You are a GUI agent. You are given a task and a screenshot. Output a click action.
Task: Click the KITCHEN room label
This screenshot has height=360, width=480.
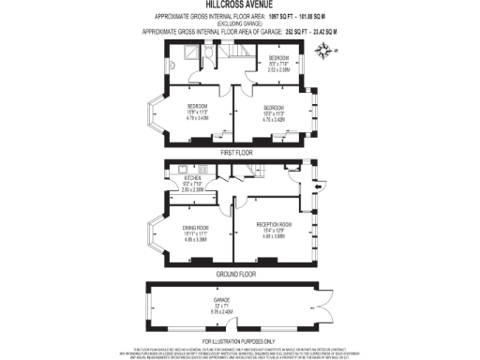point(193,174)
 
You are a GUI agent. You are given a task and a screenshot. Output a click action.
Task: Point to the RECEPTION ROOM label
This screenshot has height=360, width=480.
point(274,225)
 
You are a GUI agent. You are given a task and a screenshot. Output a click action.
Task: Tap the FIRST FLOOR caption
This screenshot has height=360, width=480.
point(237,152)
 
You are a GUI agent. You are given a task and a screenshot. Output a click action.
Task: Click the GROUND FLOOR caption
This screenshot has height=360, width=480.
point(237,274)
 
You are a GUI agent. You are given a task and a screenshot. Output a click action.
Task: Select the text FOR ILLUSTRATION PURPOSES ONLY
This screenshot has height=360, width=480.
point(239,340)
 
